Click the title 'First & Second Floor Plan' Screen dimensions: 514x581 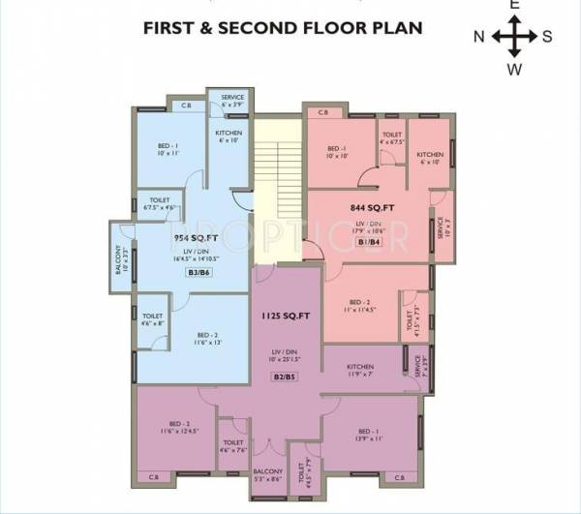[283, 27]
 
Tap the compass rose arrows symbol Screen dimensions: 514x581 [514, 38]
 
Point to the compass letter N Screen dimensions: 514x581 [478, 38]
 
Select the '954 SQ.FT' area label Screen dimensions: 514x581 [194, 237]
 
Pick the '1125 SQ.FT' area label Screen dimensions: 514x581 [285, 316]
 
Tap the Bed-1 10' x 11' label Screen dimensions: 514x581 [168, 150]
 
